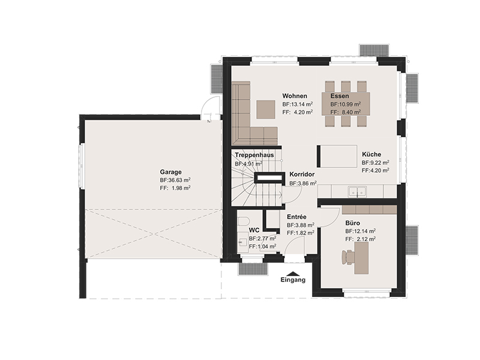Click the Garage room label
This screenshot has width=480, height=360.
[x=170, y=172]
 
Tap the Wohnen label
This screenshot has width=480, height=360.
[x=295, y=96]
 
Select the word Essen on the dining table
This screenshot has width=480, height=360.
[x=340, y=96]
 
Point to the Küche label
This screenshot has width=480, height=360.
[x=371, y=154]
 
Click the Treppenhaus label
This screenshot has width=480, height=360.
[x=254, y=155]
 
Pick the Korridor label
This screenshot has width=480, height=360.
[x=302, y=175]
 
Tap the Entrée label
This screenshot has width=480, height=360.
[x=296, y=217]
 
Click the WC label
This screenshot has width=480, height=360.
[x=254, y=230]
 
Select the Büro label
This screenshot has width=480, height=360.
[x=353, y=223]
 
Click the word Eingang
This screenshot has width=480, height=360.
[x=293, y=280]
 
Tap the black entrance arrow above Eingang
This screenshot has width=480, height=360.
[x=293, y=274]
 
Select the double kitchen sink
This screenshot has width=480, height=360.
[x=357, y=191]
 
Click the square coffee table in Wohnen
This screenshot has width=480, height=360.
[x=266, y=109]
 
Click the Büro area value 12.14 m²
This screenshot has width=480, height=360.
[x=361, y=231]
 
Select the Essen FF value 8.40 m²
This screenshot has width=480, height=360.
[x=346, y=112]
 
